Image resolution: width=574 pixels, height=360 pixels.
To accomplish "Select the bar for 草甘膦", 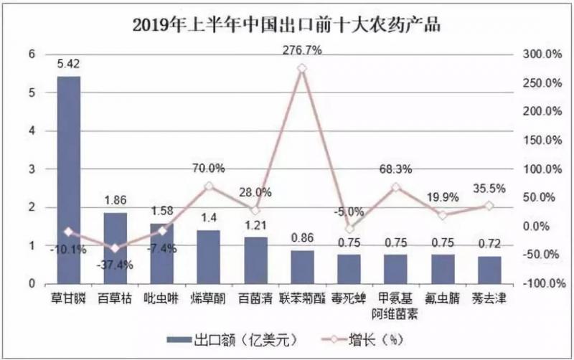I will pyautogui.click(x=69, y=179).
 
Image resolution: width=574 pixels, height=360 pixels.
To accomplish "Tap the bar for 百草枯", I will pyautogui.click(x=116, y=247).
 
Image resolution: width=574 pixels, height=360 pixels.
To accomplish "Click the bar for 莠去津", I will pyautogui.click(x=489, y=270).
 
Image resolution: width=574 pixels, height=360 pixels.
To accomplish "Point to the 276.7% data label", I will pyautogui.click(x=302, y=51).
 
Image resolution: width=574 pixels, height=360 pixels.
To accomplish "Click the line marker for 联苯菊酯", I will pyautogui.click(x=302, y=68).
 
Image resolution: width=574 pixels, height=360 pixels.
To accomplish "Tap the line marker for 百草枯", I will pyautogui.click(x=116, y=248).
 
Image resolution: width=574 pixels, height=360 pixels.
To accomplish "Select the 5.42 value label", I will pyautogui.click(x=69, y=64).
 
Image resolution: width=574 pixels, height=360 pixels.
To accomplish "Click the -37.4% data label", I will pyautogui.click(x=116, y=265).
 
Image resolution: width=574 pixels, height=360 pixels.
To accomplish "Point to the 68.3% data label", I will pyautogui.click(x=396, y=170).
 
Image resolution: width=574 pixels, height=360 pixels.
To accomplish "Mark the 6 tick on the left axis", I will pyautogui.click(x=31, y=54).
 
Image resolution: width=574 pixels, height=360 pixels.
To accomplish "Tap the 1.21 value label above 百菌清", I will pyautogui.click(x=255, y=226).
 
